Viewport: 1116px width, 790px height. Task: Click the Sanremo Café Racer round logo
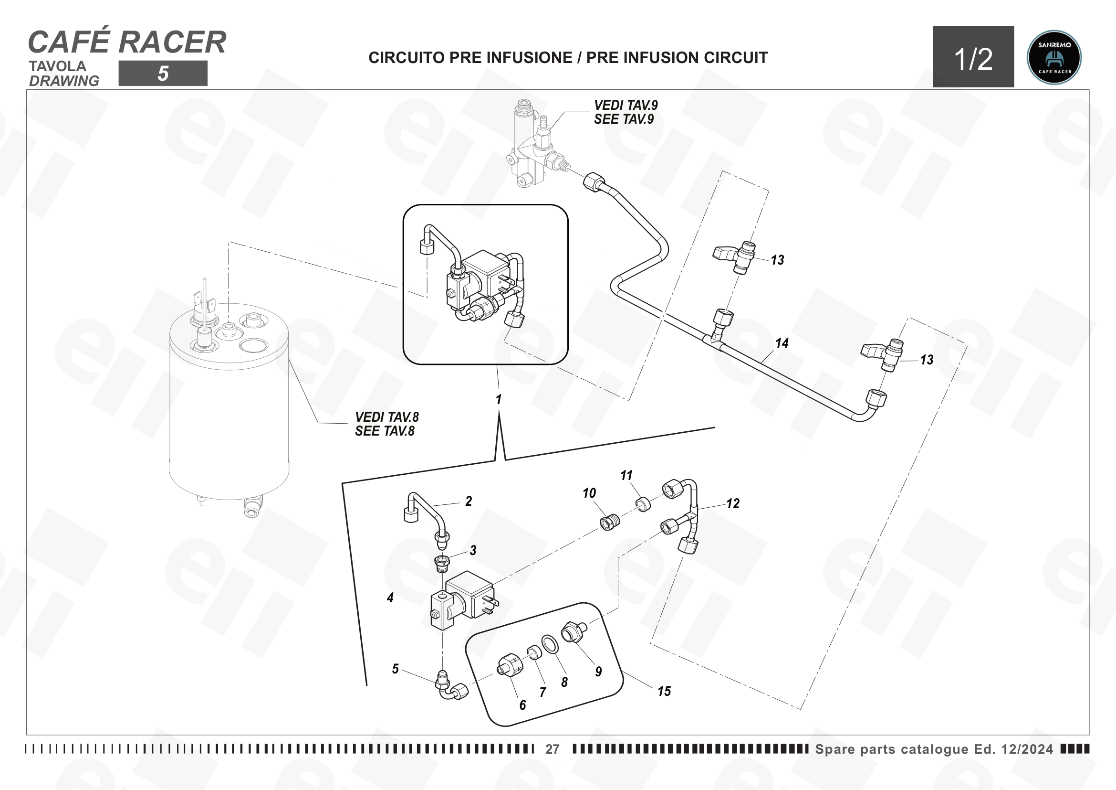point(1054,57)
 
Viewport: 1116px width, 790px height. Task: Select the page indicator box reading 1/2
point(973,56)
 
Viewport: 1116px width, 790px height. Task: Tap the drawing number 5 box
point(163,74)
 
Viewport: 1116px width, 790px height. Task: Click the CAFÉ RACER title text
point(127,42)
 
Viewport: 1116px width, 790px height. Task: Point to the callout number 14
point(782,343)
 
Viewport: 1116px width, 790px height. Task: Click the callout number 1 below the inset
point(498,399)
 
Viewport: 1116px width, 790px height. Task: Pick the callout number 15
point(664,691)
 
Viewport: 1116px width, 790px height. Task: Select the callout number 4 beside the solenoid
point(390,598)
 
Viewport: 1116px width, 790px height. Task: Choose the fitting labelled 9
point(574,632)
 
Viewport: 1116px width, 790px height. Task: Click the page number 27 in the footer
point(552,749)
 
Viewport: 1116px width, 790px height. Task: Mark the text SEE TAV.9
point(624,119)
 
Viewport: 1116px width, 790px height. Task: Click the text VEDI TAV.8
point(387,417)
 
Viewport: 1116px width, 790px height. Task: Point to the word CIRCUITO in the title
point(407,57)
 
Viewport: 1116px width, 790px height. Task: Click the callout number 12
point(733,503)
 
